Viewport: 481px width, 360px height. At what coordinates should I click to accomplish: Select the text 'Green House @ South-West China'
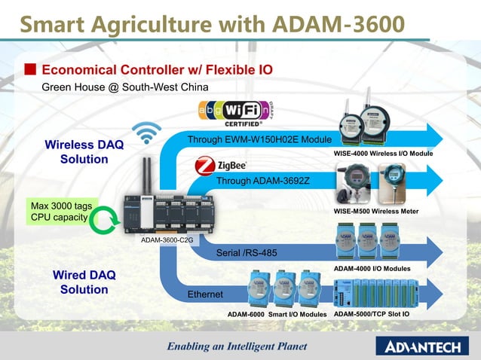pyautogui.click(x=124, y=87)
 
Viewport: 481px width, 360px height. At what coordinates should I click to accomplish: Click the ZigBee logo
pyautogui.click(x=221, y=165)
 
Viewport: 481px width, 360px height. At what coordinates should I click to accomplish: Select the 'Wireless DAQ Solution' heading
pyautogui.click(x=84, y=151)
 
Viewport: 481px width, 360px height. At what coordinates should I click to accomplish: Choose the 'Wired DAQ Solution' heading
pyautogui.click(x=84, y=282)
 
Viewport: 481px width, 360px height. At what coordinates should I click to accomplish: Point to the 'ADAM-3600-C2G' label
pyautogui.click(x=167, y=240)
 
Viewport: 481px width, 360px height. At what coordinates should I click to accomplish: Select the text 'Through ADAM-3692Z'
pyautogui.click(x=263, y=181)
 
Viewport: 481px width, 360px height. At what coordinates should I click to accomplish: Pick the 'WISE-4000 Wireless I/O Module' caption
pyautogui.click(x=383, y=153)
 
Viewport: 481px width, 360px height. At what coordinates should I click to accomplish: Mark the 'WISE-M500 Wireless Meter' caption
pyautogui.click(x=375, y=212)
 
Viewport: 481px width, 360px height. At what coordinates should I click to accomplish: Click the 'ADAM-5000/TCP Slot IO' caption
pyautogui.click(x=372, y=313)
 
